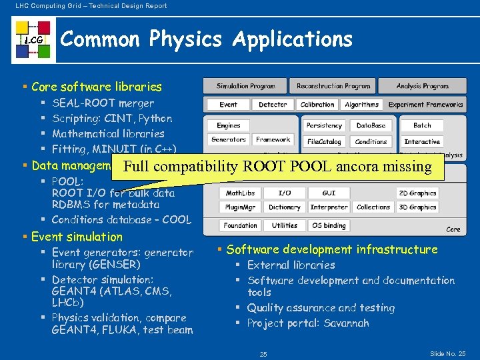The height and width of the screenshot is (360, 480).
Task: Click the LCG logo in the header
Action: tap(33, 40)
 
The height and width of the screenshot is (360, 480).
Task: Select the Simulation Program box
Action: tap(245, 86)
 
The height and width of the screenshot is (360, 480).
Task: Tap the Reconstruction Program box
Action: tap(333, 86)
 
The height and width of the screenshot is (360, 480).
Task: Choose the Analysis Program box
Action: tap(422, 86)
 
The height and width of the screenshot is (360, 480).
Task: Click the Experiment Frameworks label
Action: tap(425, 105)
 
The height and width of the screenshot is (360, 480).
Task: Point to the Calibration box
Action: tap(317, 105)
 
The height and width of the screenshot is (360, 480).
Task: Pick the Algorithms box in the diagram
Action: tap(361, 105)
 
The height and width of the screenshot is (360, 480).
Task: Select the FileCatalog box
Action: tap(325, 141)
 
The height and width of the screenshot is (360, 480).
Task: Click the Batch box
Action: tap(422, 125)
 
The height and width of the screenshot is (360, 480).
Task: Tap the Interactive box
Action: tap(422, 141)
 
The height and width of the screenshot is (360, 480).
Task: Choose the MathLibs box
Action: tap(240, 193)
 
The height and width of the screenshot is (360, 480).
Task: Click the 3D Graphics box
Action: tap(417, 207)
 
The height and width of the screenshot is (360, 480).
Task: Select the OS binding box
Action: tap(329, 225)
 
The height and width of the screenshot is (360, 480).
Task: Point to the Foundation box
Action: tap(240, 225)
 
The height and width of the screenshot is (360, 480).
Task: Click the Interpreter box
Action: tap(329, 207)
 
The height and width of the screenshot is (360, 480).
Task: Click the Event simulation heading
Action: tap(77, 237)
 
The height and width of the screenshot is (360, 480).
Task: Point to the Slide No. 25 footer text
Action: tap(448, 353)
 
